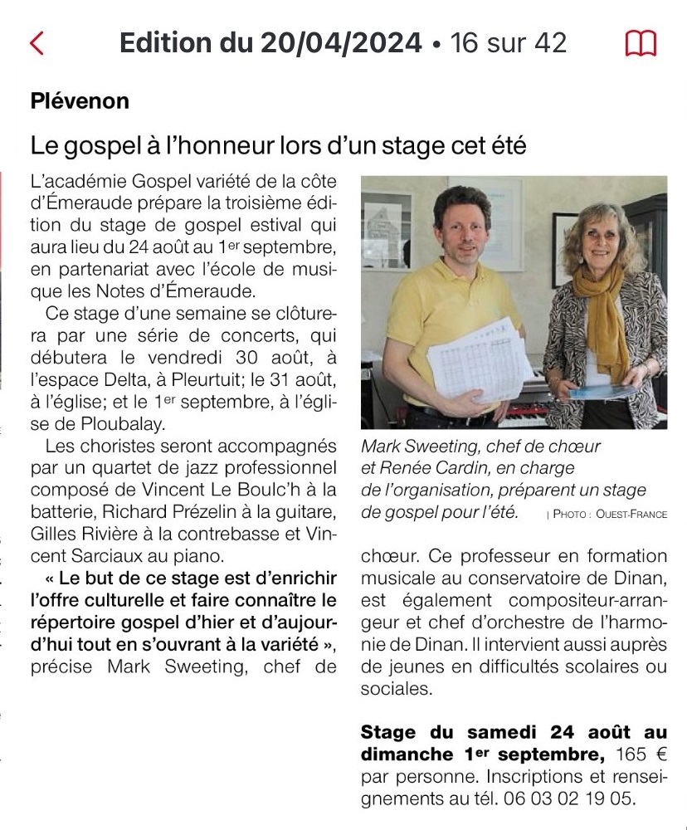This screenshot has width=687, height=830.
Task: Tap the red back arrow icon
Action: pyautogui.click(x=37, y=43)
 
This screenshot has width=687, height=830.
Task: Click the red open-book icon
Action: pyautogui.click(x=640, y=43)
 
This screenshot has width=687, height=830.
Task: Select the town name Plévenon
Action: pyautogui.click(x=80, y=101)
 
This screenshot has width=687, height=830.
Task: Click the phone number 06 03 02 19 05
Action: pyautogui.click(x=568, y=799)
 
